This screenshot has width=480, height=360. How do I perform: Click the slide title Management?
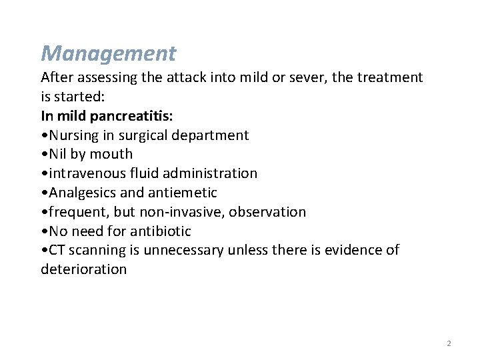click(108, 53)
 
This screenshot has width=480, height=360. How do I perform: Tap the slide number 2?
click(449, 343)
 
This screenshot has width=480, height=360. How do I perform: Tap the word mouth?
click(112, 154)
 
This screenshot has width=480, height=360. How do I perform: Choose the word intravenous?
click(85, 173)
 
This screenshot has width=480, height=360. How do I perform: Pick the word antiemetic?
click(185, 193)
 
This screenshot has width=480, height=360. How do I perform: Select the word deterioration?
click(83, 269)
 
